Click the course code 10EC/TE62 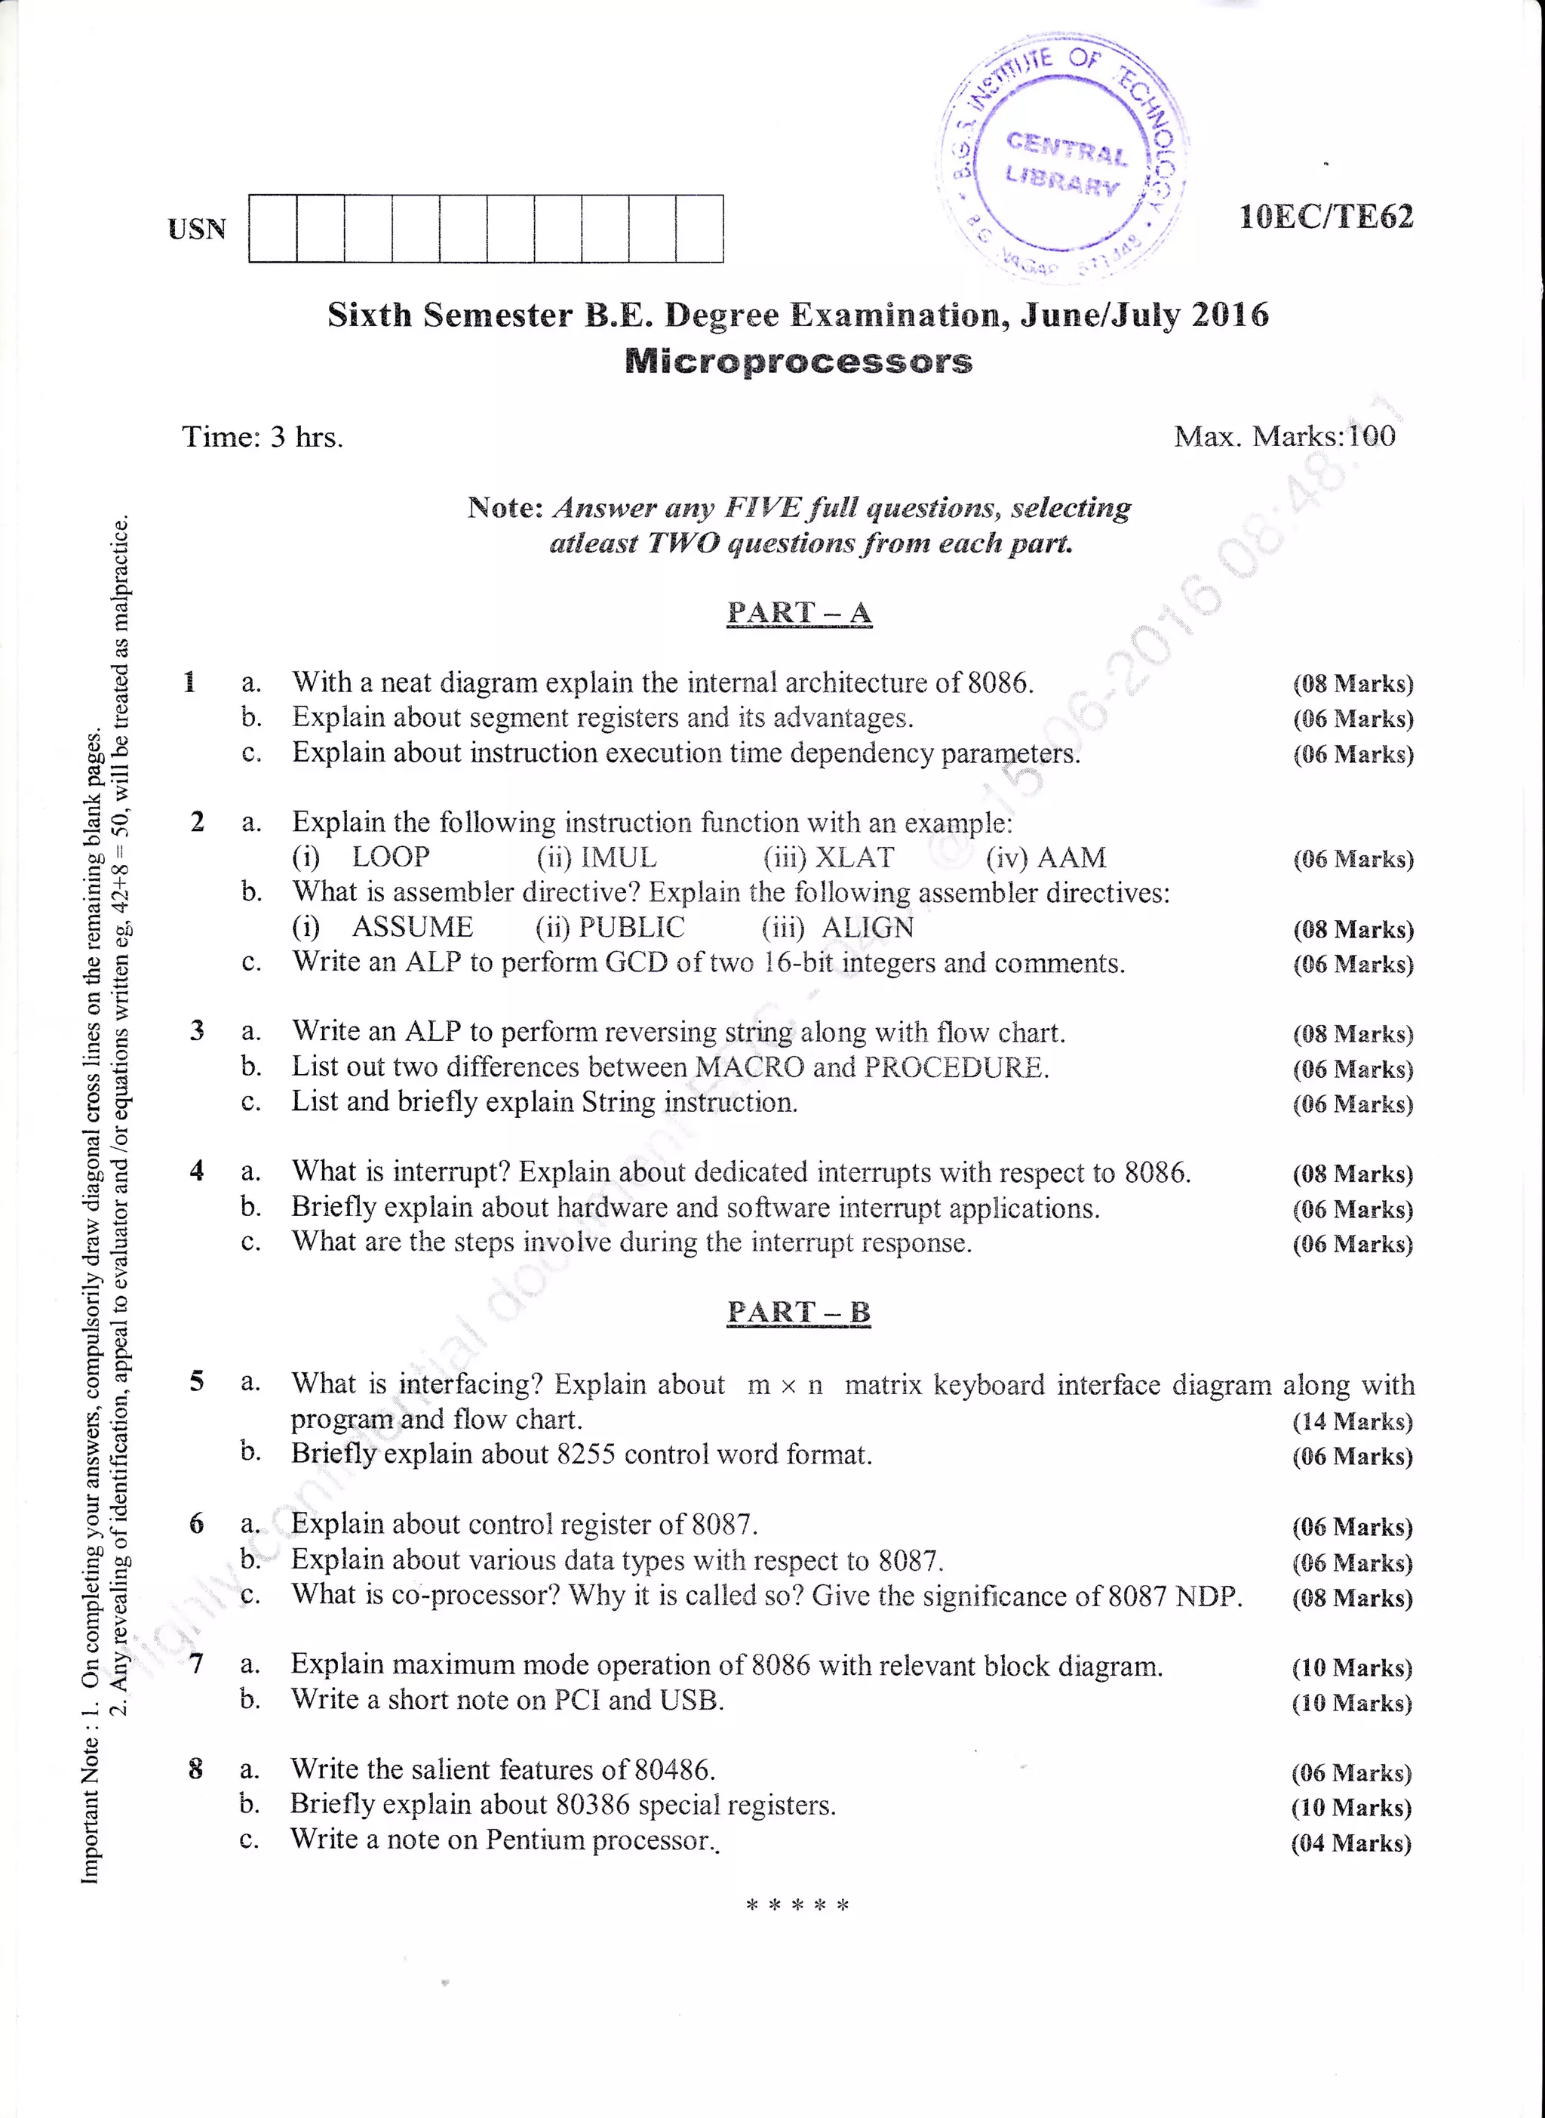1325,217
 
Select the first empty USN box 273,228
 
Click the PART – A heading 799,613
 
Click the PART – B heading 799,1312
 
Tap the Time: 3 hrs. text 263,437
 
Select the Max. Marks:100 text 1284,436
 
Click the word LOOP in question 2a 391,857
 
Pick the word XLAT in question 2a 855,857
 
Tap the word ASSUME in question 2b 413,927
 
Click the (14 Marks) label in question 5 1353,1421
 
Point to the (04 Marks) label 1350,1843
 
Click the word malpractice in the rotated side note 120,583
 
